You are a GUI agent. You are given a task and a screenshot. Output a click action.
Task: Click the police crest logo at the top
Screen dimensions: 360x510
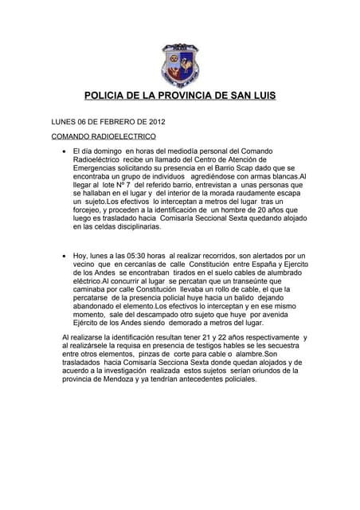[x=179, y=64]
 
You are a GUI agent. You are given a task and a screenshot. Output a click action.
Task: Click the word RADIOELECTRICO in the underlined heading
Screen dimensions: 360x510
[x=122, y=136]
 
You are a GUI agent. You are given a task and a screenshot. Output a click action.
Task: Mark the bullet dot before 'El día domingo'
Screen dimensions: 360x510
[x=63, y=151]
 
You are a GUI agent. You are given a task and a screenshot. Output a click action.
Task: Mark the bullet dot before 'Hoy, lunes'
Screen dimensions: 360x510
[x=63, y=256]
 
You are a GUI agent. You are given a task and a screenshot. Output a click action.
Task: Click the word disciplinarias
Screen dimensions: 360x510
[x=135, y=227]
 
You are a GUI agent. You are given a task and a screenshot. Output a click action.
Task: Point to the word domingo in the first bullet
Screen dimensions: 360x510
[x=112, y=150]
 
